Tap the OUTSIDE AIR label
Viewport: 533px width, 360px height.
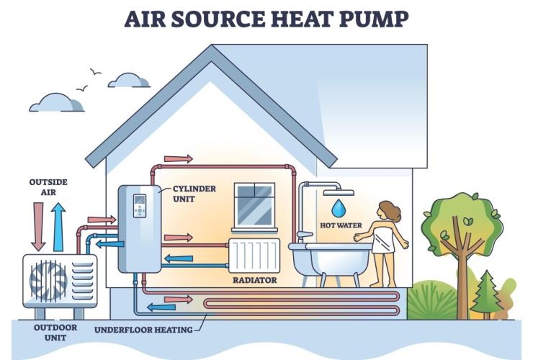48,187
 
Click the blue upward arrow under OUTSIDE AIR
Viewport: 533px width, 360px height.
58,227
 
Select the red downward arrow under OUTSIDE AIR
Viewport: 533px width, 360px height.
38,227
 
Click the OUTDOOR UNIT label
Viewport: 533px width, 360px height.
55,333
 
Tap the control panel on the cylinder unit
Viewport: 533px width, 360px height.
140,206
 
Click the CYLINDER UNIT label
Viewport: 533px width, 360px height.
194,194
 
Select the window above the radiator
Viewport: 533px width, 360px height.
254,207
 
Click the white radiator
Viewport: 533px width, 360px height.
254,256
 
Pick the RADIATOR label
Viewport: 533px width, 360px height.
254,280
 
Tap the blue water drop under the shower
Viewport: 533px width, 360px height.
339,208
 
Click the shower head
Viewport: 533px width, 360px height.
339,193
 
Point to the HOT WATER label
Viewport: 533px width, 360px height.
341,225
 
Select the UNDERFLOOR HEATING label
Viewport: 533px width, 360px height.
143,330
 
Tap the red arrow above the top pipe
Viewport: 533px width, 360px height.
179,158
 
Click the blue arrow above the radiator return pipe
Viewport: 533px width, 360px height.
179,258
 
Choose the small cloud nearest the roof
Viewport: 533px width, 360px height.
129,81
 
